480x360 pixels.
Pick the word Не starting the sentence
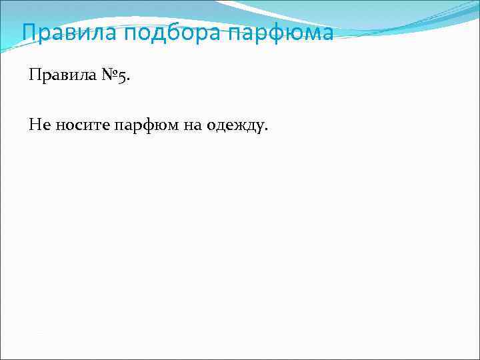(37, 124)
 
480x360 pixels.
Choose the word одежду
(231, 125)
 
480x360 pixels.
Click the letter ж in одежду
(235, 125)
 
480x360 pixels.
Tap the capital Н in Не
(34, 124)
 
